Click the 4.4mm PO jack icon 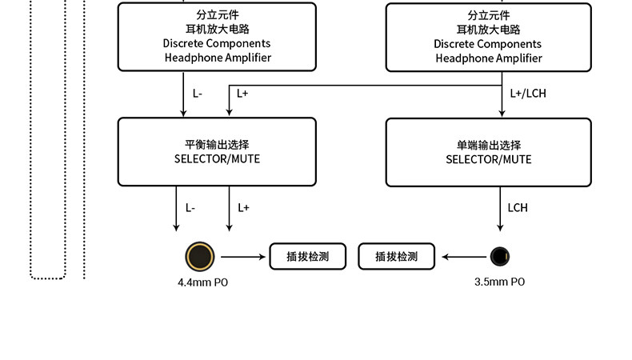click(200, 257)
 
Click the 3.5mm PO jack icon click(500, 257)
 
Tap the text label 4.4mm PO click(208, 282)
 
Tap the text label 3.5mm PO click(500, 282)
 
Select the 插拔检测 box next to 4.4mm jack click(308, 257)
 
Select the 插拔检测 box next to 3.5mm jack click(397, 257)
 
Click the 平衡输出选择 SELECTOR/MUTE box click(217, 152)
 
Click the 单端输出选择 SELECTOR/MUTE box click(488, 152)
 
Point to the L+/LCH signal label click(529, 94)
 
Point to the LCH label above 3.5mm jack click(518, 208)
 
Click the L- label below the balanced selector click(190, 208)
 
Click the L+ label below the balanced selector click(243, 208)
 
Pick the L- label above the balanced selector click(198, 94)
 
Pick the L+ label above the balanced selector click(242, 94)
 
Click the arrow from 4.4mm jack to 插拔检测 click(243, 257)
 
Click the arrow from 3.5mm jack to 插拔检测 click(464, 257)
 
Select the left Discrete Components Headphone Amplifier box click(217, 37)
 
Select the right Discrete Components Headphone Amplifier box click(488, 37)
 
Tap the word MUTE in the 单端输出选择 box click(516, 159)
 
